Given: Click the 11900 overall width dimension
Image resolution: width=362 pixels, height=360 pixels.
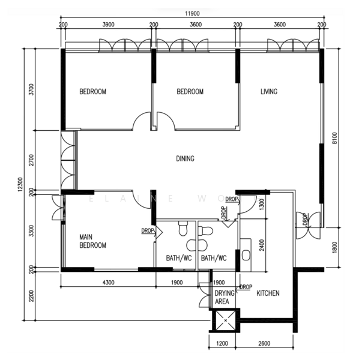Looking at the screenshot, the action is point(192,14).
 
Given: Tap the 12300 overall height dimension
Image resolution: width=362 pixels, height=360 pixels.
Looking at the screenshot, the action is point(20,184).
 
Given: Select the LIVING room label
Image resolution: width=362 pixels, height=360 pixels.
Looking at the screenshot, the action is point(269,92).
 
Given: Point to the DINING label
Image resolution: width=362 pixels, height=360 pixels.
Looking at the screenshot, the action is point(185,158).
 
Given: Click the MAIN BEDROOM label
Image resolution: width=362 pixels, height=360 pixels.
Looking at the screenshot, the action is point(93,241).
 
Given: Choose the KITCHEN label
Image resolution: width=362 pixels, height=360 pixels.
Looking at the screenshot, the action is point(268,293).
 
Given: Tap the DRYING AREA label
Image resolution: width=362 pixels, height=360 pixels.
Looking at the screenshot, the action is point(225,297).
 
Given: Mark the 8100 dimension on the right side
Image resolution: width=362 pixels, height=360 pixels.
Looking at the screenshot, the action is point(334,138).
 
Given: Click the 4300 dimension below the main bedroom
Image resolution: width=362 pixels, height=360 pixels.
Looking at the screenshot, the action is point(108,282).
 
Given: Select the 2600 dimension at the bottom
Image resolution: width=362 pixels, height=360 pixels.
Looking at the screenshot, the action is point(264,344).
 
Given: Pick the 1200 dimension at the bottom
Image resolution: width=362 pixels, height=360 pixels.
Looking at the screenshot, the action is point(222,344).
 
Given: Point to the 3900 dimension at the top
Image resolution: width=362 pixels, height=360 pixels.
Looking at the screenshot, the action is point(108,25).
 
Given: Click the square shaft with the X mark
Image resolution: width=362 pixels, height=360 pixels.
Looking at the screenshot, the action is point(226,320).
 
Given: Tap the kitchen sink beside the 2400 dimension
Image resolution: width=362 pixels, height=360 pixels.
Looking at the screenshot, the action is point(246,255).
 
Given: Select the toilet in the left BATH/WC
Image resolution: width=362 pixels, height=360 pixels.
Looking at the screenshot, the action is point(183,229).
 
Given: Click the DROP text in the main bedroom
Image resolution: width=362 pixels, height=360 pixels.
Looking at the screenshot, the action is point(148,230).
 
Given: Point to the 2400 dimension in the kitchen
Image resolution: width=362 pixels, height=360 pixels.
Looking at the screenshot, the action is point(262,245).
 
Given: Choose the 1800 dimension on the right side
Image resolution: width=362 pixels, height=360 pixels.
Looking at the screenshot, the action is point(334,247).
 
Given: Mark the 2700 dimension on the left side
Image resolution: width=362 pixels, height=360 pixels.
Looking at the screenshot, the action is point(31,160).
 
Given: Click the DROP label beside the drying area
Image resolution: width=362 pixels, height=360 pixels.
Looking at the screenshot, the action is point(246,287).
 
